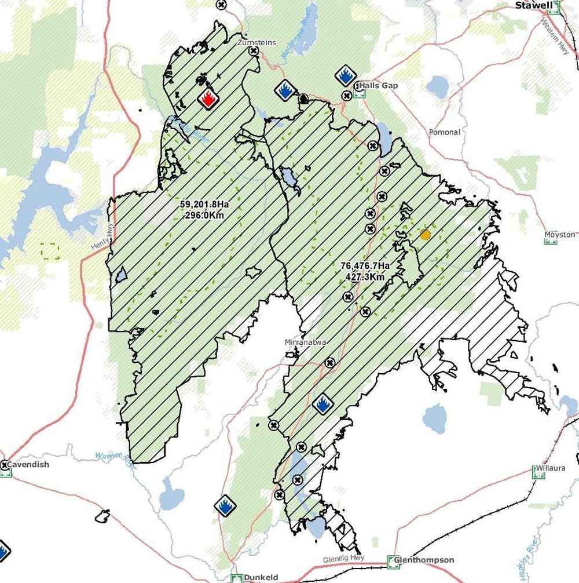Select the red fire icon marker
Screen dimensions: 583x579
click(x=208, y=99)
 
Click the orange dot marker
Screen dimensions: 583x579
click(x=426, y=235)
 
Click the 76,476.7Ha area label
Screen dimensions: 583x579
click(x=365, y=266)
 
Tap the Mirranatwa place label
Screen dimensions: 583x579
click(x=306, y=342)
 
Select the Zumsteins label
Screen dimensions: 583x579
click(x=257, y=42)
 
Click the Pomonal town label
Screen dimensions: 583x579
click(x=445, y=133)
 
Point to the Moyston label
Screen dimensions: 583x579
click(x=560, y=235)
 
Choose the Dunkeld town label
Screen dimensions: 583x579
click(x=261, y=577)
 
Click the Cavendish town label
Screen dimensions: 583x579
click(x=28, y=465)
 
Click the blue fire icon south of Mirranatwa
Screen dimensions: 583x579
click(x=322, y=405)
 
